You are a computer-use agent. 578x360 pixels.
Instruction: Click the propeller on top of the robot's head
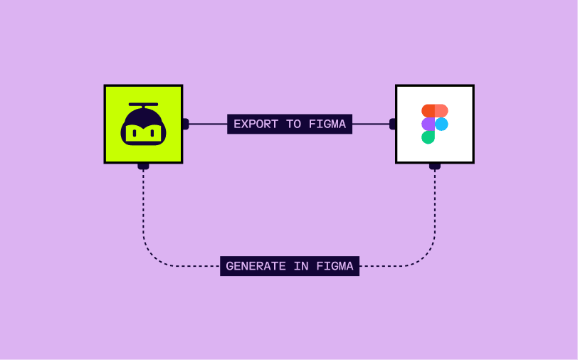[143, 105]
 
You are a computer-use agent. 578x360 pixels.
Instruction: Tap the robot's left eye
[135, 132]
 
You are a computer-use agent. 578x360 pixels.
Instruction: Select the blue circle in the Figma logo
[441, 124]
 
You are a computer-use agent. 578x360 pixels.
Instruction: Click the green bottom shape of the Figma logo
[428, 137]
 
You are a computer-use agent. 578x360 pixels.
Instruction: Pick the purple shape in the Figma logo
[428, 124]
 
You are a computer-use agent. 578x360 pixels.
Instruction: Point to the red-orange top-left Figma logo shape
[428, 111]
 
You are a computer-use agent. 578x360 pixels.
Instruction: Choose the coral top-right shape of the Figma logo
[441, 111]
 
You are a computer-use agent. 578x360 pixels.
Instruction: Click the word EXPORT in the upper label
[256, 124]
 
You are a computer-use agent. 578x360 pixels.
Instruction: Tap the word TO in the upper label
[293, 124]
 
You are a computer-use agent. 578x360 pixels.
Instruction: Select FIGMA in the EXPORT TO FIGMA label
[327, 124]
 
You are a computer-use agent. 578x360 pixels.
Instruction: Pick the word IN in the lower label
[300, 266]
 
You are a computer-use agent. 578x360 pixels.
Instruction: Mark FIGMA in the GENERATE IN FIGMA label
[334, 266]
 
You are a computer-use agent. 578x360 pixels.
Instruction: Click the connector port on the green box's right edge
[185, 124]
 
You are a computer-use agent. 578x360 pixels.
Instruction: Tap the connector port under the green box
[143, 166]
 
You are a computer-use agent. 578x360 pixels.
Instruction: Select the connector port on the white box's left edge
[392, 124]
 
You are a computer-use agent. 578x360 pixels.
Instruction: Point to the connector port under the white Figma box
[435, 166]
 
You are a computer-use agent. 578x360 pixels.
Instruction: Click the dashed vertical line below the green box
[143, 206]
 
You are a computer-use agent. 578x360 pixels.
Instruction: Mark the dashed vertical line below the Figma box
[435, 206]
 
